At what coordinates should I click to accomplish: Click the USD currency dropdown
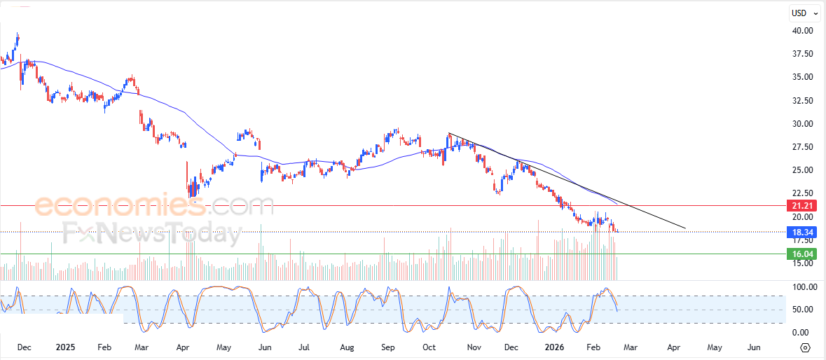803,13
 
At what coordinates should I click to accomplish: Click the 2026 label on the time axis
554,347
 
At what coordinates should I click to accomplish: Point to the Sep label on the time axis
389,347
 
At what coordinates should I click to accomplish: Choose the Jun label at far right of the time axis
755,347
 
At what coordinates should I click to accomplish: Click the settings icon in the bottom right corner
805,347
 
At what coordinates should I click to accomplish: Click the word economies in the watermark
120,206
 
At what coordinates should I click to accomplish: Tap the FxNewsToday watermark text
151,233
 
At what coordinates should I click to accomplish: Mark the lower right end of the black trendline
684,228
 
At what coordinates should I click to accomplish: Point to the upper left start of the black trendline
449,134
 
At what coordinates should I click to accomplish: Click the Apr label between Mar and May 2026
673,347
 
